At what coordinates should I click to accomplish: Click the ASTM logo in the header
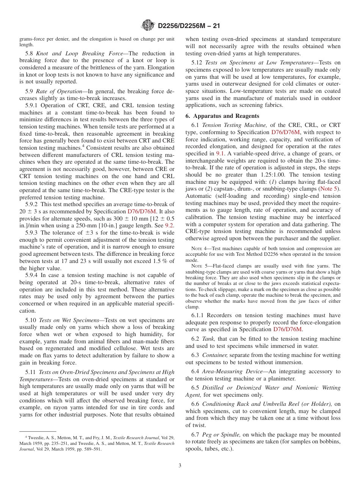[148, 26]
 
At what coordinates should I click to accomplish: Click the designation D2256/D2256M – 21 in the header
[188, 26]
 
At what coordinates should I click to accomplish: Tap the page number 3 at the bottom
[180, 465]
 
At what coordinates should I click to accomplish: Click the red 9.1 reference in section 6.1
[220, 153]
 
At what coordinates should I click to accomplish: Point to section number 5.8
[30, 53]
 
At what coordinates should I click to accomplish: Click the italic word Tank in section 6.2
[208, 339]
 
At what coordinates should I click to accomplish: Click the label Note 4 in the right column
[198, 249]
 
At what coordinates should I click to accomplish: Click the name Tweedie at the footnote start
[34, 438]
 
